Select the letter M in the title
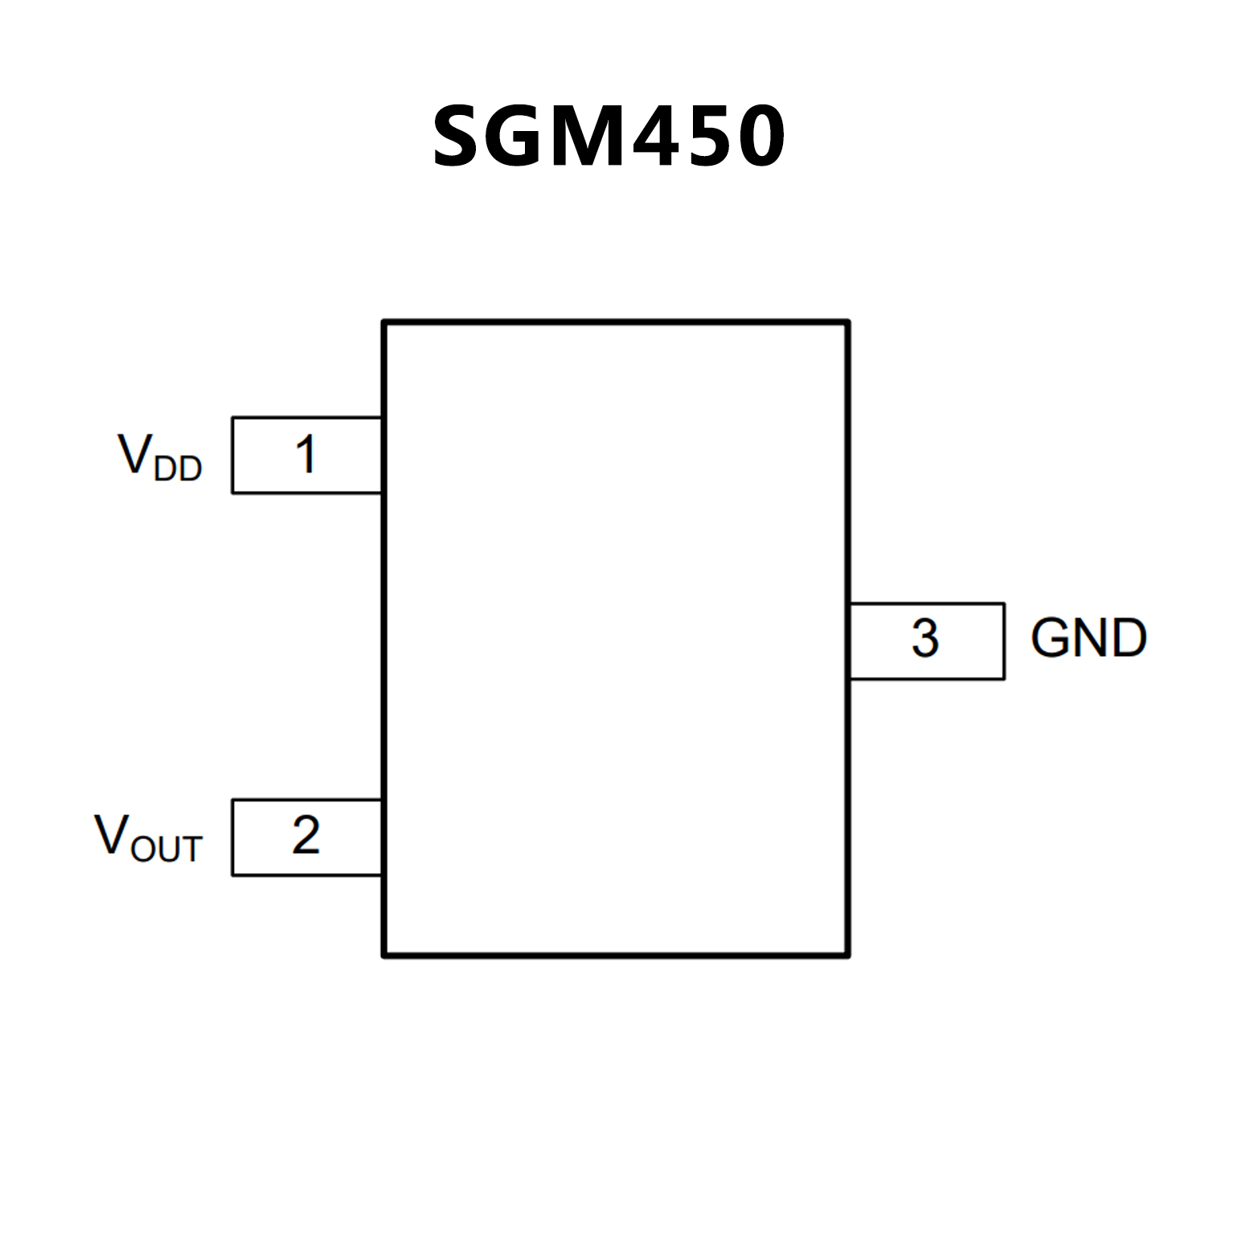click(595, 137)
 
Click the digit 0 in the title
click(760, 137)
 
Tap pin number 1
click(305, 455)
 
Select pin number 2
click(305, 836)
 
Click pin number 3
click(925, 640)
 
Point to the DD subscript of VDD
click(178, 468)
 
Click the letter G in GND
click(1051, 638)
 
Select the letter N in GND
click(1089, 638)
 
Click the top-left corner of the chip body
click(384, 322)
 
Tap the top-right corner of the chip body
click(848, 322)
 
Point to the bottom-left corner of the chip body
click(384, 955)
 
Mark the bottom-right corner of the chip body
click(848, 955)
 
